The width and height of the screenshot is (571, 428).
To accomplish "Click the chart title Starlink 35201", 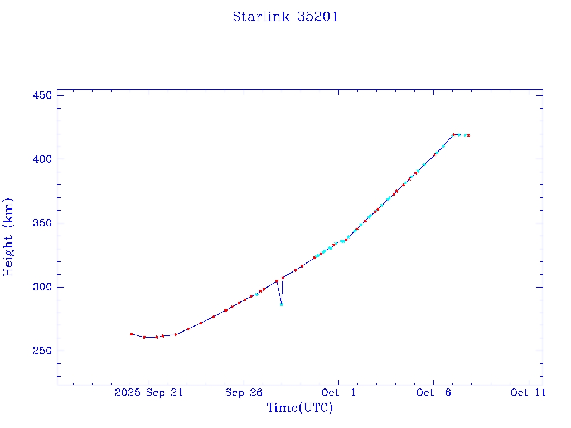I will click(285, 17).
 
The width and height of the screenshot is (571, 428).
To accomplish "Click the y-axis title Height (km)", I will click(8, 237).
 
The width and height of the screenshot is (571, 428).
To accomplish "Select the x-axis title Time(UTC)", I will click(299, 408).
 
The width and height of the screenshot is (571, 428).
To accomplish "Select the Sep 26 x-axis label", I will click(244, 393).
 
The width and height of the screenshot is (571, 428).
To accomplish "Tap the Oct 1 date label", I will click(338, 393).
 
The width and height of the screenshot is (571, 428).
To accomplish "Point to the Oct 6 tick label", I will click(433, 393).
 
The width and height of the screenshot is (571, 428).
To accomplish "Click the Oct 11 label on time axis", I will click(528, 393).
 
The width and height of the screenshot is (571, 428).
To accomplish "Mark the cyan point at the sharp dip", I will click(282, 304).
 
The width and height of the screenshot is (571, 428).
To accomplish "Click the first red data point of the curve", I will click(131, 334).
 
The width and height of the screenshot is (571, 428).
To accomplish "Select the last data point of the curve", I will click(468, 135).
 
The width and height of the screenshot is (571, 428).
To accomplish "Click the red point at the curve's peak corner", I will click(453, 135).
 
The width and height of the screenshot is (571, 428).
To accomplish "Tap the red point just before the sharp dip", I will click(277, 281).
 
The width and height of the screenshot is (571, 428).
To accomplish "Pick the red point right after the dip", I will click(283, 278).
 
